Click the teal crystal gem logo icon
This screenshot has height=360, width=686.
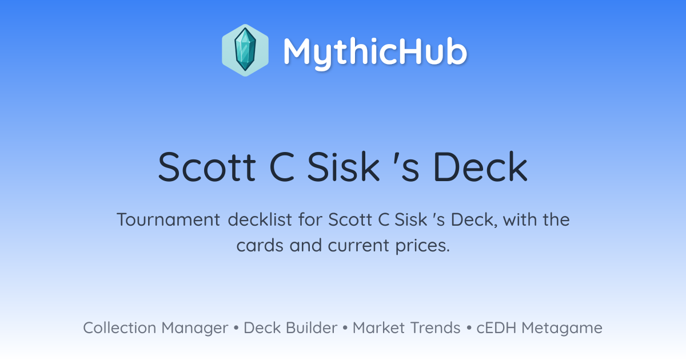(x=245, y=50)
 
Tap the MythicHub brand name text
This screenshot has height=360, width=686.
(x=375, y=52)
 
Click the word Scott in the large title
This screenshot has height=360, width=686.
(x=207, y=167)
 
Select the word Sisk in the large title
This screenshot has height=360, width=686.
(x=344, y=167)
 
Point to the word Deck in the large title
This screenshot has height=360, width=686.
(x=481, y=167)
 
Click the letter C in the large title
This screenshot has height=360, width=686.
(x=282, y=167)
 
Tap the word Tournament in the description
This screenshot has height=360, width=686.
(x=169, y=219)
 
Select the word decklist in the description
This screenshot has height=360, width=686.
(x=260, y=219)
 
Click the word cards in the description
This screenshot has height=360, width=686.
(x=260, y=245)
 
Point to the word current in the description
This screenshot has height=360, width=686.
(x=358, y=246)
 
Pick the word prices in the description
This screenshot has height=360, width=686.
(x=422, y=246)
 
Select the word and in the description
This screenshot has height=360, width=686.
(x=306, y=245)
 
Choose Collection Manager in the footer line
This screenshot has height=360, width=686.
(x=155, y=328)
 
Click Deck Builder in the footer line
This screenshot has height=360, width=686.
(x=290, y=327)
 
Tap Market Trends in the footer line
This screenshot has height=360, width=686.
(x=406, y=327)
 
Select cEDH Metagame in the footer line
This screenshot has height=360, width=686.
(x=539, y=328)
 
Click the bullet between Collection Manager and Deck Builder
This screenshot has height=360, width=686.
(x=236, y=328)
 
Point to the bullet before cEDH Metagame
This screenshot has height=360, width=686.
(x=469, y=328)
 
